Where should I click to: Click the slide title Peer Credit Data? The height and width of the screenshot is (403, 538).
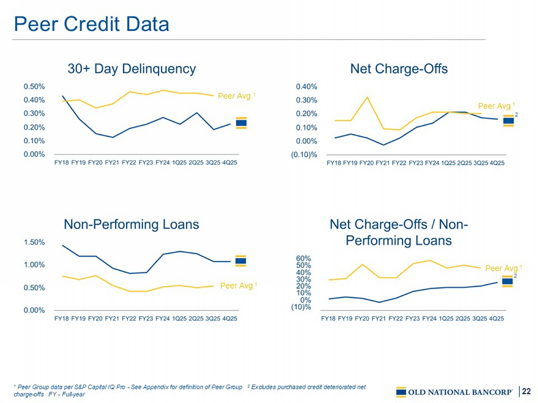click(92, 24)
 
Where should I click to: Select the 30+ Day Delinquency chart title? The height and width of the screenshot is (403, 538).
click(132, 69)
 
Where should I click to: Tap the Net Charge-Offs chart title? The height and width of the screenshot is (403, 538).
click(399, 69)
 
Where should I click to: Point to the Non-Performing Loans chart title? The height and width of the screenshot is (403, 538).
click(131, 224)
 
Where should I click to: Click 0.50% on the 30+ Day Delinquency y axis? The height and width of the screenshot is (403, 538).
click(34, 86)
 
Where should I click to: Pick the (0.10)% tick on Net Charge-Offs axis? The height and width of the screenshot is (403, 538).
click(304, 155)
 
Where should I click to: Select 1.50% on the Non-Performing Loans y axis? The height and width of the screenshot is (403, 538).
click(34, 242)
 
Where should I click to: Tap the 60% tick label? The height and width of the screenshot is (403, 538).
click(303, 258)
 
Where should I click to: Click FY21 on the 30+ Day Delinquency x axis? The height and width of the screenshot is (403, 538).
click(112, 162)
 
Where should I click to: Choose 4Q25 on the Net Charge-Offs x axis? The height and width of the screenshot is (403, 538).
click(497, 163)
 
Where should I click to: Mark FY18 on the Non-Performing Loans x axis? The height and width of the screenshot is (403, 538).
click(62, 318)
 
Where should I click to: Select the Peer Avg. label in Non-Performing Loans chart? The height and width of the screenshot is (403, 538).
click(238, 286)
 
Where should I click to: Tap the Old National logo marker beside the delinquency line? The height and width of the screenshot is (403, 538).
click(241, 123)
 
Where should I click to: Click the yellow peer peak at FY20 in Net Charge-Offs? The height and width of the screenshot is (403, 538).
click(367, 97)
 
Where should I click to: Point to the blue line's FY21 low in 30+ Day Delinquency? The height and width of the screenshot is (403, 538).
click(113, 137)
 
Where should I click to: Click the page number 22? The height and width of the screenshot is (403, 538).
click(526, 391)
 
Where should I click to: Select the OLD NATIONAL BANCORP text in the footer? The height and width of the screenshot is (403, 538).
click(460, 392)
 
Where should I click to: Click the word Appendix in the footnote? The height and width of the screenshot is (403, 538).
click(156, 387)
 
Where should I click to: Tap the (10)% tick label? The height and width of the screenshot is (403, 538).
click(301, 307)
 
